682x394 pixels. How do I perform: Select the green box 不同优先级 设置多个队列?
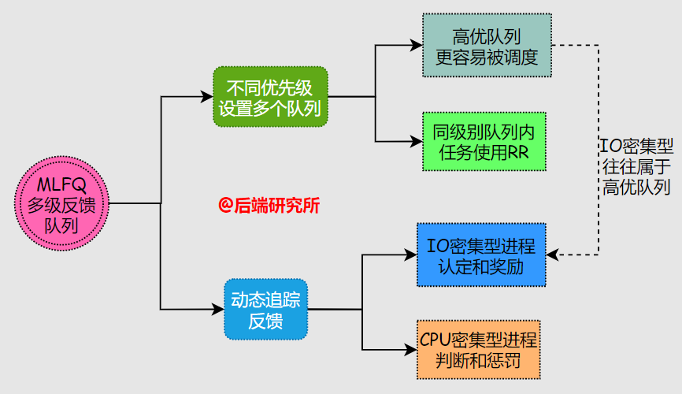tap(270, 97)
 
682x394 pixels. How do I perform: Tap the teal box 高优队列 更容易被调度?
tap(486, 46)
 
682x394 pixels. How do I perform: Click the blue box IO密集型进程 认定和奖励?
tap(480, 255)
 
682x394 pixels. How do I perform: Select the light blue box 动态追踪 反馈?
tap(265, 310)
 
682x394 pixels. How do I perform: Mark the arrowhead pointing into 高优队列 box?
tap(417, 46)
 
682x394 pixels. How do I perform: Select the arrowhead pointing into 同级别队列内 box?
tap(417, 142)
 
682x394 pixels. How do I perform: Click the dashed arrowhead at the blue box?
tap(551, 255)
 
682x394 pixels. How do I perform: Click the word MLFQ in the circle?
tap(61, 185)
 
